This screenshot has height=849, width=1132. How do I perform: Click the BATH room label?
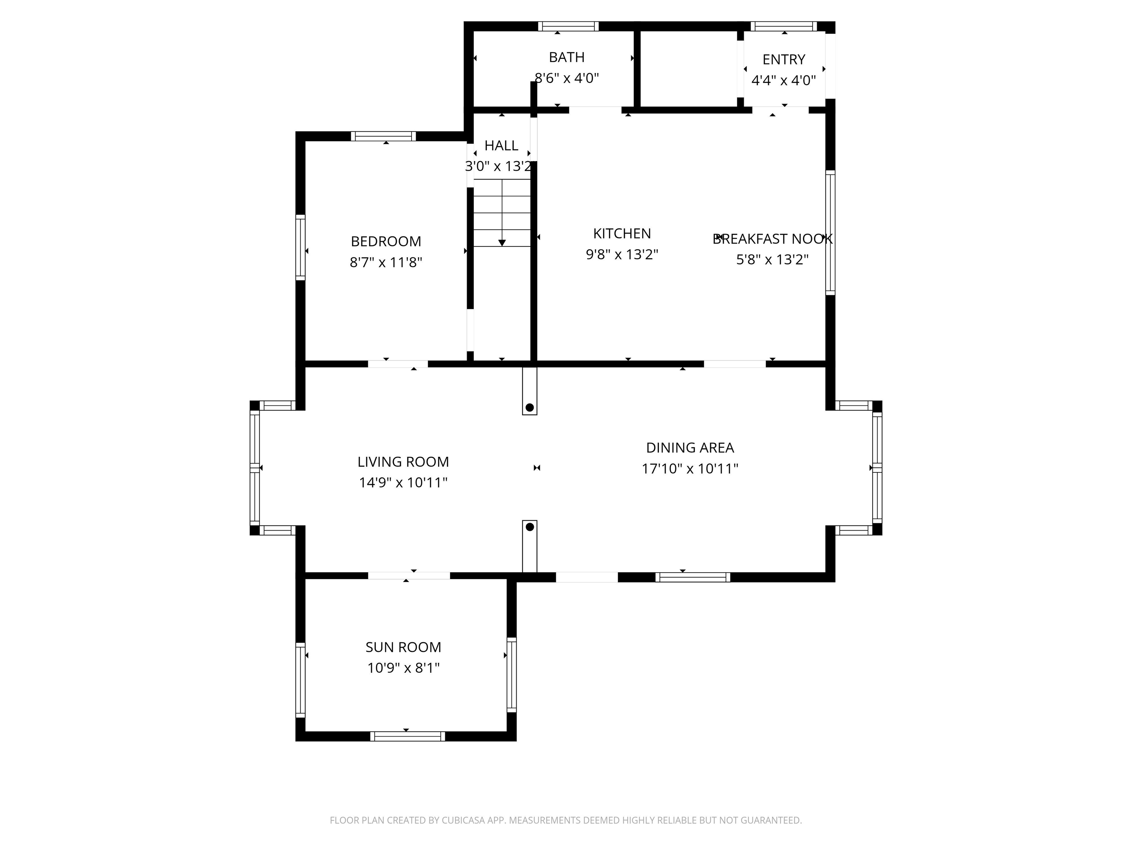(x=566, y=57)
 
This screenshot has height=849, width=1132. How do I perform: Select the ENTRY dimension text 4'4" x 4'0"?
(x=783, y=80)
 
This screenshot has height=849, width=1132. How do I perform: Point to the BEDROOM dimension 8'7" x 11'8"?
(x=386, y=262)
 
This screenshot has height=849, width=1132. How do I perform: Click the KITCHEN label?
(x=622, y=233)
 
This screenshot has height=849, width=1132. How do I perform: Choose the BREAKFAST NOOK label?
(x=772, y=239)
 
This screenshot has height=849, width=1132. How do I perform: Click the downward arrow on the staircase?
(x=502, y=242)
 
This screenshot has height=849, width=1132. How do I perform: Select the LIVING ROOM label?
(x=403, y=462)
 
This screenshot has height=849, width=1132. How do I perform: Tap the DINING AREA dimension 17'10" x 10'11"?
(x=690, y=469)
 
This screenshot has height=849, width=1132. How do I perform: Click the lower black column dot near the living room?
(x=530, y=527)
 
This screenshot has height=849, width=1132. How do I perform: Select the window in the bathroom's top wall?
(x=568, y=26)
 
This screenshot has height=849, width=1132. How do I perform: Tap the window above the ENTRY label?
(x=783, y=26)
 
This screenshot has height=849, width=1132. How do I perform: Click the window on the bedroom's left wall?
(x=300, y=247)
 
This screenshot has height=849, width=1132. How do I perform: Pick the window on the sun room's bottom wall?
(x=407, y=736)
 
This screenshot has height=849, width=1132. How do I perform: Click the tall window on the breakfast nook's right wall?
(x=830, y=233)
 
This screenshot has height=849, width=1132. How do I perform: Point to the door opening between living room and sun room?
(x=409, y=576)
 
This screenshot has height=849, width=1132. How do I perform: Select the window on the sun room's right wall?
(x=511, y=674)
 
